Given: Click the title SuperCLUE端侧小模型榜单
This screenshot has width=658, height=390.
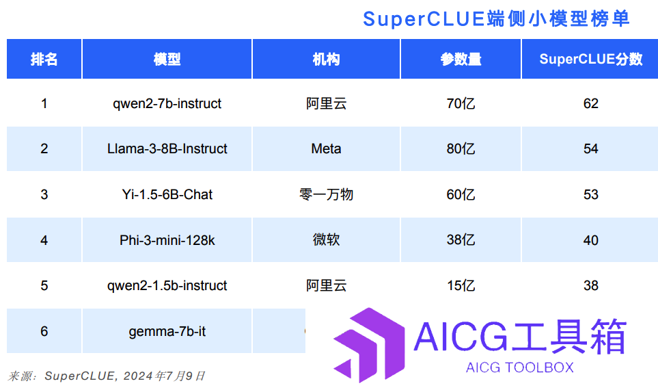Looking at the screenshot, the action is (x=496, y=19).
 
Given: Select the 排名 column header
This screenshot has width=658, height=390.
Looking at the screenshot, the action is (x=44, y=59).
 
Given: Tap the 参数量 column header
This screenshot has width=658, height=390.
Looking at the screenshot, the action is (x=461, y=59).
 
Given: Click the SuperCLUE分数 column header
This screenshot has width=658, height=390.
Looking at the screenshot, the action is (x=590, y=59).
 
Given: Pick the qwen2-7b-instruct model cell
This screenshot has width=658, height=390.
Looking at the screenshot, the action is (x=167, y=103).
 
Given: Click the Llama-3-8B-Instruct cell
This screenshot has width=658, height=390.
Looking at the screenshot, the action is (x=167, y=148).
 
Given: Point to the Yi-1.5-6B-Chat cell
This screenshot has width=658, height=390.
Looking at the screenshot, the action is (x=167, y=194).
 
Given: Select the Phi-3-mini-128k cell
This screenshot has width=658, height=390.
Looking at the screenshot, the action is (x=167, y=240).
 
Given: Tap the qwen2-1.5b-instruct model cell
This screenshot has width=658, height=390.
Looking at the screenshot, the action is (x=167, y=285).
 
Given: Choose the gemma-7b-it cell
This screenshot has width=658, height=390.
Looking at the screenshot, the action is (x=167, y=331).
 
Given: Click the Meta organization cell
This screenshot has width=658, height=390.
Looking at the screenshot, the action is (x=326, y=148).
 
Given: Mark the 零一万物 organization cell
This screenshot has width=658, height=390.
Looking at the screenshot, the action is (x=326, y=194).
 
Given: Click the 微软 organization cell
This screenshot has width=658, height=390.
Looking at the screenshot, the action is (x=326, y=239).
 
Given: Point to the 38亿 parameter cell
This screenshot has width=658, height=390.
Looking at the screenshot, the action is (x=461, y=239).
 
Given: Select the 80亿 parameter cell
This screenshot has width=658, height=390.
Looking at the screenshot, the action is (x=461, y=148).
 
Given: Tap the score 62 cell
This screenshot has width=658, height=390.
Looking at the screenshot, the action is (x=590, y=103).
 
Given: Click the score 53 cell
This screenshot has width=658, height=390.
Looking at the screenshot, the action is (x=590, y=194).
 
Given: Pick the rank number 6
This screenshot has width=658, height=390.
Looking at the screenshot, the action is (x=44, y=331).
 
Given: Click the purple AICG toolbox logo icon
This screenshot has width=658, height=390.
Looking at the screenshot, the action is (x=369, y=345).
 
